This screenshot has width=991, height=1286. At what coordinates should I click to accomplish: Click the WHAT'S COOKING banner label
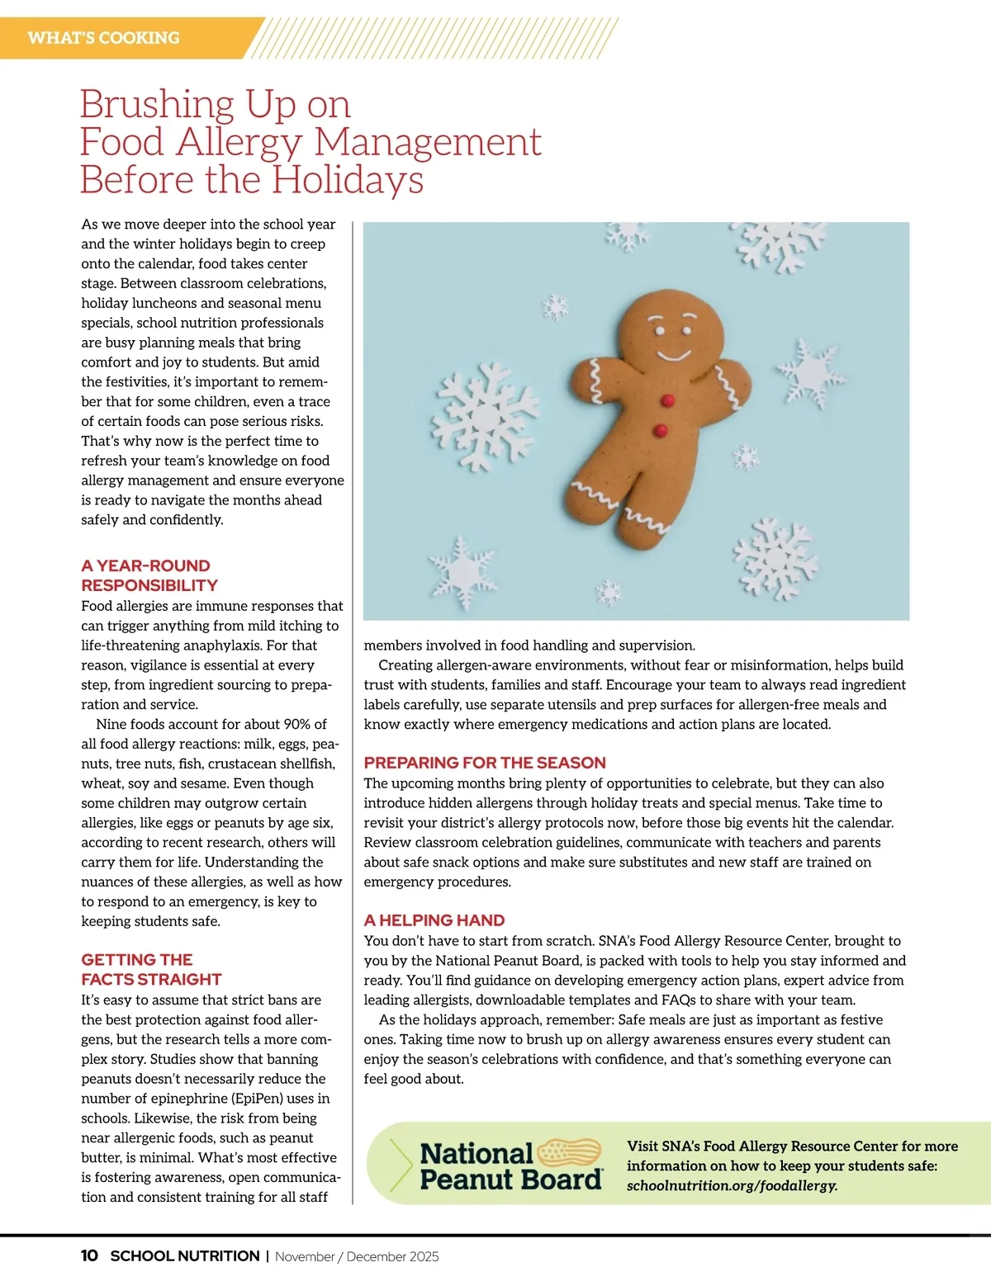pos(103,38)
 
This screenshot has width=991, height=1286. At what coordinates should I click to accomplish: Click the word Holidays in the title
pos(348,180)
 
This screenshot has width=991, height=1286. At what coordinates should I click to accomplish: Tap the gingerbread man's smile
pos(673,356)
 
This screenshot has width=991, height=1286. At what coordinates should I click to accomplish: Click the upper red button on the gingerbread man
pos(668,401)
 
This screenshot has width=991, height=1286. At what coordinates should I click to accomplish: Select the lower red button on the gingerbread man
pos(661,430)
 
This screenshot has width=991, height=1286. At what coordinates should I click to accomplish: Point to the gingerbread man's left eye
pos(660,332)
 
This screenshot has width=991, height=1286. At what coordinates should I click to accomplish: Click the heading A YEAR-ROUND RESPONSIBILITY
pos(149,575)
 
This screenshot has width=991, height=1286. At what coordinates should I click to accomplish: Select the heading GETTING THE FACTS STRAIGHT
pos(150,969)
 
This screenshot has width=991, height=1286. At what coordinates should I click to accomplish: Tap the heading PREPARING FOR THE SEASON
pos(485,763)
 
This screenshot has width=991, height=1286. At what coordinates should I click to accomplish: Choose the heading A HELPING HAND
pos(434,920)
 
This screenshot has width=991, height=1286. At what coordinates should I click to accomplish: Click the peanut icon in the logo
pos(570,1151)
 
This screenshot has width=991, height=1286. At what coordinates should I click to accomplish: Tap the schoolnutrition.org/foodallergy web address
pos(732,1186)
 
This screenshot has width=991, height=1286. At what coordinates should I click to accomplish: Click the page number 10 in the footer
pos(89,1256)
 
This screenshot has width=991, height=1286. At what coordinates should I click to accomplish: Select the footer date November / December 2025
pos(357,1257)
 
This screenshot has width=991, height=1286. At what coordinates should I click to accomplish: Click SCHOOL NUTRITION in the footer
pos(185,1256)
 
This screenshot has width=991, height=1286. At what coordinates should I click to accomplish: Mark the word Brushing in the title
pos(158,105)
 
